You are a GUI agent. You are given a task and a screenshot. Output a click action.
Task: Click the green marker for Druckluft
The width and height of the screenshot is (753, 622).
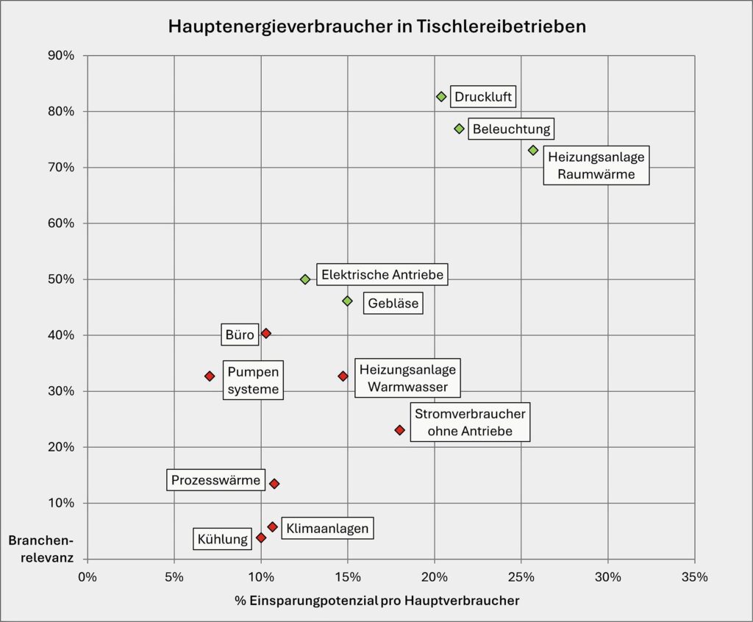pos(441,96)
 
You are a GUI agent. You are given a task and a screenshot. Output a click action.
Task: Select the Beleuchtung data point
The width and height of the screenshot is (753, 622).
pos(459,129)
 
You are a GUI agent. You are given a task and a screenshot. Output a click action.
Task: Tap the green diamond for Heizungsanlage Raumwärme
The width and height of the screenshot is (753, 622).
pos(533,150)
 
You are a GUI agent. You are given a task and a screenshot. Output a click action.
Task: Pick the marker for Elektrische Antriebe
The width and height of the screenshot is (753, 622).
pos(305,279)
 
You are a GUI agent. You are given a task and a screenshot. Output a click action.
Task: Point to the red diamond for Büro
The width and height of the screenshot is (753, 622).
pos(266,334)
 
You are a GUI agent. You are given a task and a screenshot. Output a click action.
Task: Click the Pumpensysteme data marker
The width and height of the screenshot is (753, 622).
pos(210,376)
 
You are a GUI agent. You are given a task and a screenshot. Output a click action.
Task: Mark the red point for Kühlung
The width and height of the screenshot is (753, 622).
pos(261,537)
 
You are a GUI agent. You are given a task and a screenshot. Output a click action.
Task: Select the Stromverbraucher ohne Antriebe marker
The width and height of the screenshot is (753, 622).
pos(399,430)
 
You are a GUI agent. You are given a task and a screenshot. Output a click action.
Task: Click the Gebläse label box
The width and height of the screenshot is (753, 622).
pos(393,303)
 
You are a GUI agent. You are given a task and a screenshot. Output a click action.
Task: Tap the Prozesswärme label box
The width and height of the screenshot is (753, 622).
pos(215,481)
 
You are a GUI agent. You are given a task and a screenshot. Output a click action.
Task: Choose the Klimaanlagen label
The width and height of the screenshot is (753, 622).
pos(327,528)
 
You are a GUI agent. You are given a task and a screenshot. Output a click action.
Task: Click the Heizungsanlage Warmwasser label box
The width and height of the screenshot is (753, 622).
pos(407,378)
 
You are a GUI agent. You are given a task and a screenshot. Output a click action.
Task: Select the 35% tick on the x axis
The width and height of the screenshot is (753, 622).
pos(694,577)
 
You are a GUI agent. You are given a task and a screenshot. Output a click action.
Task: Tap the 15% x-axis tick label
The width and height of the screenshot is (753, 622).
pos(348,577)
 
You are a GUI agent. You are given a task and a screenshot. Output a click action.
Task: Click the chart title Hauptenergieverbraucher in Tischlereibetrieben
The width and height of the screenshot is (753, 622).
pos(376,26)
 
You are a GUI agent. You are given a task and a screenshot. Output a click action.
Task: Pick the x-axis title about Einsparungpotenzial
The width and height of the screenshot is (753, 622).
pos(376,601)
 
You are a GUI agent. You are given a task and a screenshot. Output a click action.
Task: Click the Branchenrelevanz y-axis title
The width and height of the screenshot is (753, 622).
pos(40,548)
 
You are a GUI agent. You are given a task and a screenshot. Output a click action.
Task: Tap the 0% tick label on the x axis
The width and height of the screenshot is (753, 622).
pos(88,577)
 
